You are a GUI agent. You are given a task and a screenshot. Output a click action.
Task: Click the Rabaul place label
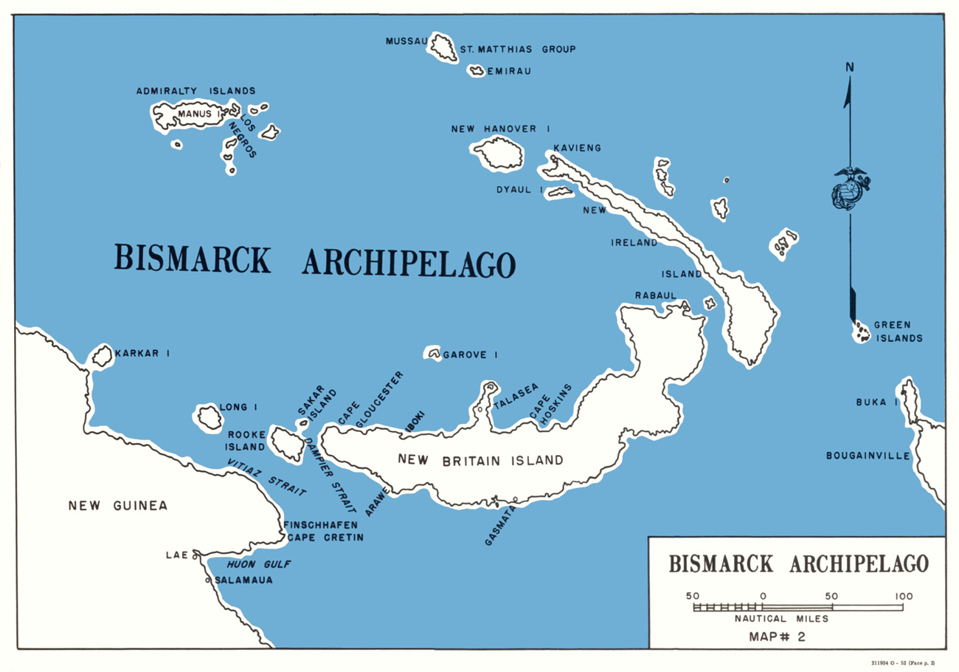[x=655, y=295]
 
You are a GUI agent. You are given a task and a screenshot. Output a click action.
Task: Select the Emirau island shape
[x=475, y=72]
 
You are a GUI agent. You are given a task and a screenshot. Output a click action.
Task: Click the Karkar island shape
[x=101, y=357]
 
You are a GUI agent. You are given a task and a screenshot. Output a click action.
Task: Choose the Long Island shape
[x=208, y=417]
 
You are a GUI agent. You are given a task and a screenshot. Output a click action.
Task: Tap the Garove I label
[x=469, y=355]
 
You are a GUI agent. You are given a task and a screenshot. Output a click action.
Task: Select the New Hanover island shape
[x=498, y=152]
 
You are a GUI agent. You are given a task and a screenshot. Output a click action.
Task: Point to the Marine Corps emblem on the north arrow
[x=848, y=189]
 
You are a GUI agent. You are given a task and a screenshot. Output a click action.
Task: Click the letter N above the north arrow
[x=850, y=68]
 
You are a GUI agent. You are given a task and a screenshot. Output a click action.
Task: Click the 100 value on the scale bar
[x=903, y=596]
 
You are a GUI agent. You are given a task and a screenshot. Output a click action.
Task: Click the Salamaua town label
[x=243, y=580]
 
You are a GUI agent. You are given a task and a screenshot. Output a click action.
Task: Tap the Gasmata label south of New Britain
[x=500, y=525]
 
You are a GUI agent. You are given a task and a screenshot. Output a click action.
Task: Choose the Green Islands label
[x=898, y=332]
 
